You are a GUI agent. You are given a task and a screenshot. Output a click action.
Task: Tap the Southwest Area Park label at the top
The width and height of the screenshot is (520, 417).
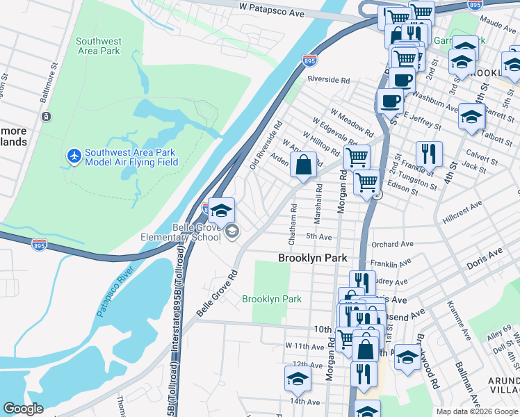click(x=98, y=46)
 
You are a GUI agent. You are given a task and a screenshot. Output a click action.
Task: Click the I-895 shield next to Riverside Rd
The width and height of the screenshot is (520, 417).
click(x=310, y=62)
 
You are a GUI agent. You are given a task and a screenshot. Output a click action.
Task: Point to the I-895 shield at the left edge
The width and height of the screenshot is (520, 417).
click(x=40, y=245)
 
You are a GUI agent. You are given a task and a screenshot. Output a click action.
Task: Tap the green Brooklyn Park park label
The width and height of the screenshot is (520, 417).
click(x=272, y=299)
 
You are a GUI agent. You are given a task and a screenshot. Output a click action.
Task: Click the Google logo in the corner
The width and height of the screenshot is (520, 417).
click(x=23, y=409)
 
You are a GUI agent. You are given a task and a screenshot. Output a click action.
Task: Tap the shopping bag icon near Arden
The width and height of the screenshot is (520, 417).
click(x=303, y=165)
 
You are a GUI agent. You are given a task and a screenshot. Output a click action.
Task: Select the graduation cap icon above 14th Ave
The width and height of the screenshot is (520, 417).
click(x=298, y=378)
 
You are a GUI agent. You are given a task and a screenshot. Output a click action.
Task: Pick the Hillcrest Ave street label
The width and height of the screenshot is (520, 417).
click(x=465, y=206)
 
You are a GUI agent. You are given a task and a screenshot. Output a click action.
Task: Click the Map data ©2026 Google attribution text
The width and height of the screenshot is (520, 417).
click(x=477, y=411)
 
